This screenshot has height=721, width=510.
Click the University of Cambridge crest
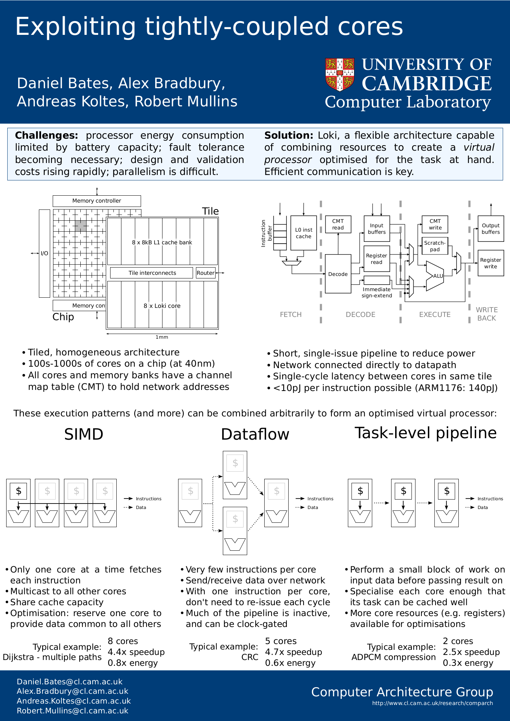(340, 74)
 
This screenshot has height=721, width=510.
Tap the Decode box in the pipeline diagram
(338, 274)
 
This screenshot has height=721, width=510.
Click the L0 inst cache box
(304, 233)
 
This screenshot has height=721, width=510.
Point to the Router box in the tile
(205, 273)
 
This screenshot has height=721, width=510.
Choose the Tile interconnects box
(152, 273)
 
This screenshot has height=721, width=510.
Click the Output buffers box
(490, 229)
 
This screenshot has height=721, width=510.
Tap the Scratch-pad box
(435, 246)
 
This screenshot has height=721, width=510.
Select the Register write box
(490, 263)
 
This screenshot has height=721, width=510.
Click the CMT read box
(338, 224)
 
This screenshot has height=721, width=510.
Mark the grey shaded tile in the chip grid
(81, 226)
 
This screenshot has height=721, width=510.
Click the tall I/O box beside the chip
(44, 253)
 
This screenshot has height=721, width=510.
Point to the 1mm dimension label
(162, 337)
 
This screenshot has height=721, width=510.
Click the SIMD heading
(84, 434)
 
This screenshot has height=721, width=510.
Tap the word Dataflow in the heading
(255, 434)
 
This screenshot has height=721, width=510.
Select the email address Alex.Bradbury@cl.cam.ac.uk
(72, 691)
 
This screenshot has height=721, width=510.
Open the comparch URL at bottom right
(432, 703)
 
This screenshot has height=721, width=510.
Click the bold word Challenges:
(47, 135)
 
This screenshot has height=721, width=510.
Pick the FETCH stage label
(290, 314)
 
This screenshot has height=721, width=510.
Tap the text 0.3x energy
(468, 663)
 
